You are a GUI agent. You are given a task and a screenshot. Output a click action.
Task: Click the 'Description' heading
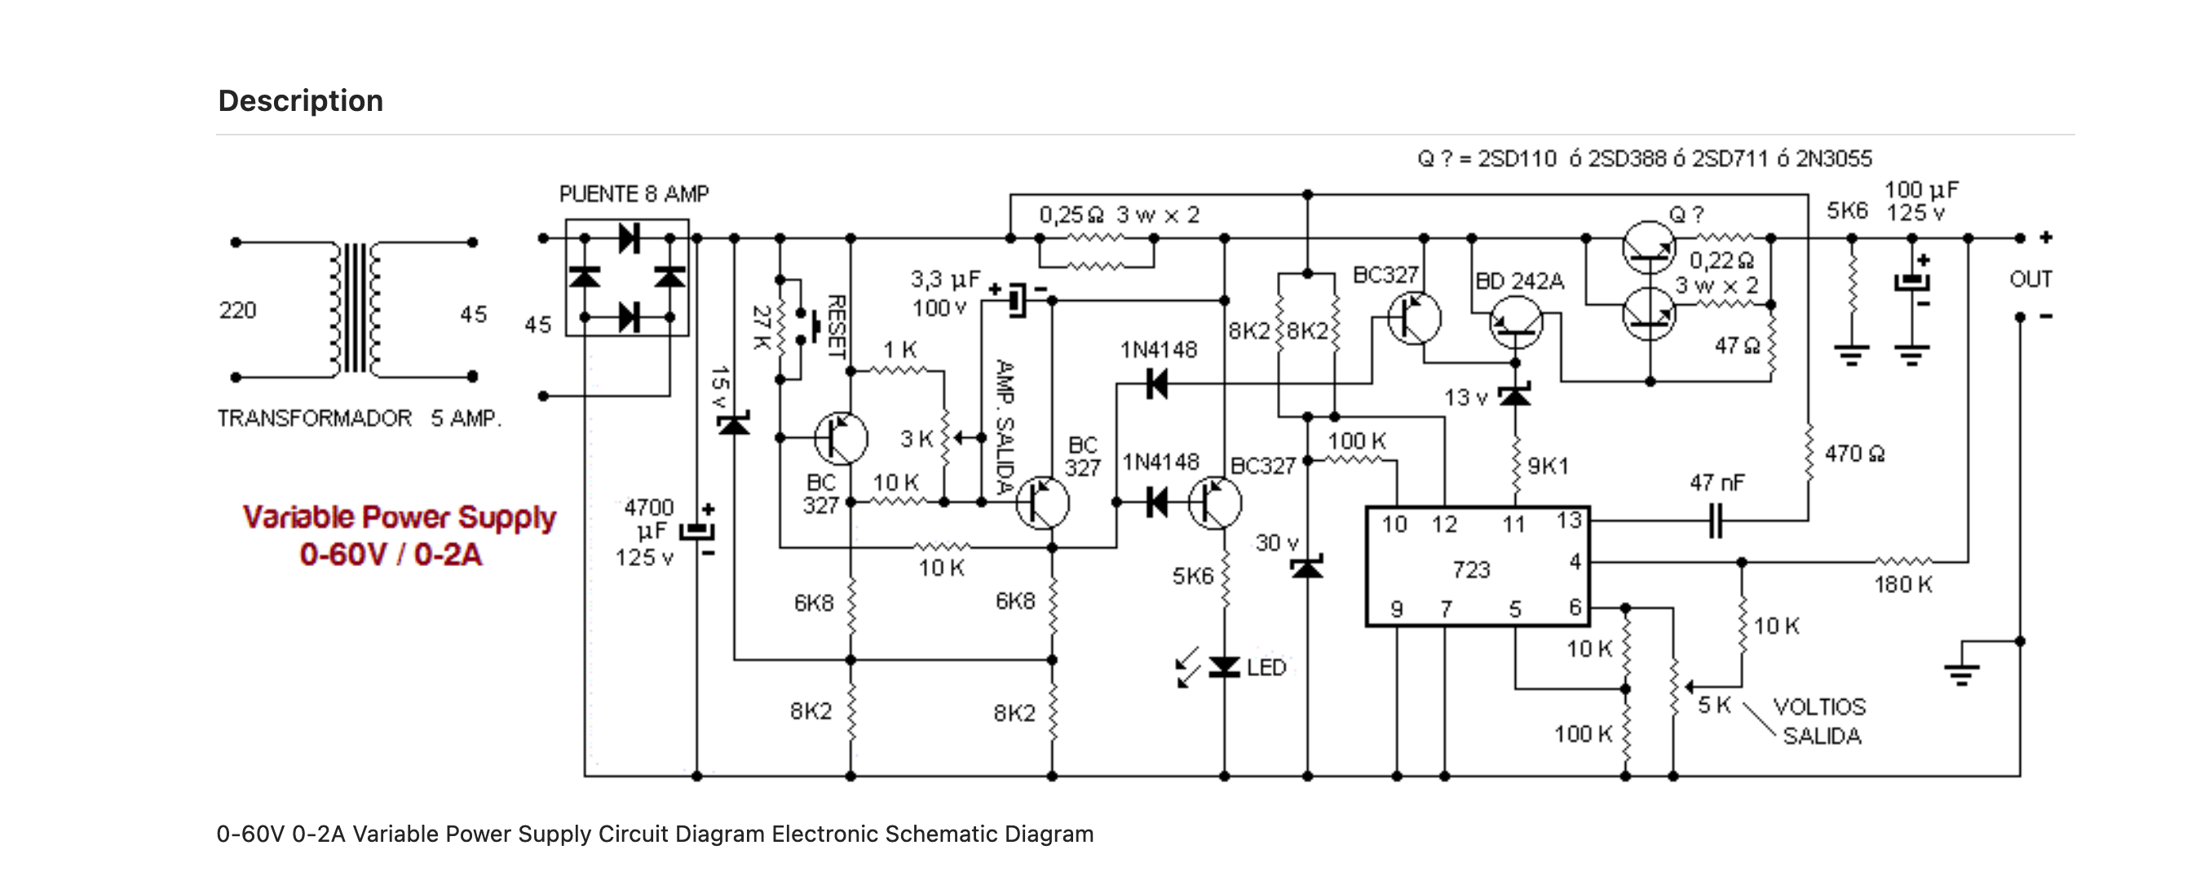[x=301, y=101]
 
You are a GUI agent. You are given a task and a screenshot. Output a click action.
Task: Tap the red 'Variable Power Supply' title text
[x=399, y=517]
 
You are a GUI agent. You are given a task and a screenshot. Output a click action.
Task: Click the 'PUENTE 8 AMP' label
[x=634, y=194]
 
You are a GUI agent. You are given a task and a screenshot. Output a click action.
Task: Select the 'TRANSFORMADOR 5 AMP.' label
[x=359, y=418]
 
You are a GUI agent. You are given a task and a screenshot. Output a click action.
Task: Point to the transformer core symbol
[x=356, y=309]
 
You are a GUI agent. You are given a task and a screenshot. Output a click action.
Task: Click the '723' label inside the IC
[x=1471, y=569]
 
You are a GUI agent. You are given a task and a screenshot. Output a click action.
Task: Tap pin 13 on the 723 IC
[x=1568, y=520]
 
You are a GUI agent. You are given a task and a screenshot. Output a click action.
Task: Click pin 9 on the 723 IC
[x=1396, y=609]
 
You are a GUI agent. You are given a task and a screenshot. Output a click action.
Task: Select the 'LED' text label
[x=1266, y=668]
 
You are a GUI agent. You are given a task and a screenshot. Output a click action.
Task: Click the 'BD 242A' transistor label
[x=1520, y=281]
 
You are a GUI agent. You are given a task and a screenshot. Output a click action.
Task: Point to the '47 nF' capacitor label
[x=1716, y=483]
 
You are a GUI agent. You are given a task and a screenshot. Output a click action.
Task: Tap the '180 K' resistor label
[x=1902, y=585]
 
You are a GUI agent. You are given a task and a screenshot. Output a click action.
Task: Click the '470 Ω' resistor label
[x=1855, y=454]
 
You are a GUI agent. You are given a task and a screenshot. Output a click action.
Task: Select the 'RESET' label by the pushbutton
[x=837, y=326]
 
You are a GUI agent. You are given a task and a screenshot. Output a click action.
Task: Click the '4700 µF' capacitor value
[x=649, y=520]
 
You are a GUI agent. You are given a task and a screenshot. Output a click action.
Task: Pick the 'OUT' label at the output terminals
[x=2030, y=279]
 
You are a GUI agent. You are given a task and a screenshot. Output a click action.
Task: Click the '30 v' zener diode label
[x=1277, y=542]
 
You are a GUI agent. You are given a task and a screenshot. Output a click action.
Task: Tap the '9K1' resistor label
[x=1548, y=466]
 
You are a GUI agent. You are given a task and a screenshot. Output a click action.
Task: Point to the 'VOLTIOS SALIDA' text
[x=1820, y=722]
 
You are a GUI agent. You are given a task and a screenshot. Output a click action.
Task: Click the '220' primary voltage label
[x=238, y=311]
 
